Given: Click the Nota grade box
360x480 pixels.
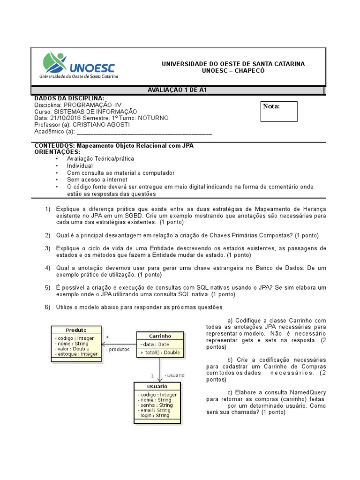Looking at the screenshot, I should [x=279, y=111].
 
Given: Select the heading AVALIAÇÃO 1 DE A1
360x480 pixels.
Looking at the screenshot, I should [x=178, y=90].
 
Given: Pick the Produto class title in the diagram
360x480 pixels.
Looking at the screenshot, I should [x=76, y=330].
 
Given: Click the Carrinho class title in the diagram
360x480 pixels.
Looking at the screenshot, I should [x=160, y=336].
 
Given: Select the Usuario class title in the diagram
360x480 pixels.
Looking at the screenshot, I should [x=157, y=386].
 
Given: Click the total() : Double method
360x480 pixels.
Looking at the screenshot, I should [x=160, y=352].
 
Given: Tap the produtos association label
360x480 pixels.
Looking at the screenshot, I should [x=118, y=350].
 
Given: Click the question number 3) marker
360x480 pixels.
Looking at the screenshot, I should [x=47, y=248].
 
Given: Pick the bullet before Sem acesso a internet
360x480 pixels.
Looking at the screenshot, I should [x=57, y=180].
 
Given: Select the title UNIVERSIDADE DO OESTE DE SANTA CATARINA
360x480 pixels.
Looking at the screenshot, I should [x=233, y=64].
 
